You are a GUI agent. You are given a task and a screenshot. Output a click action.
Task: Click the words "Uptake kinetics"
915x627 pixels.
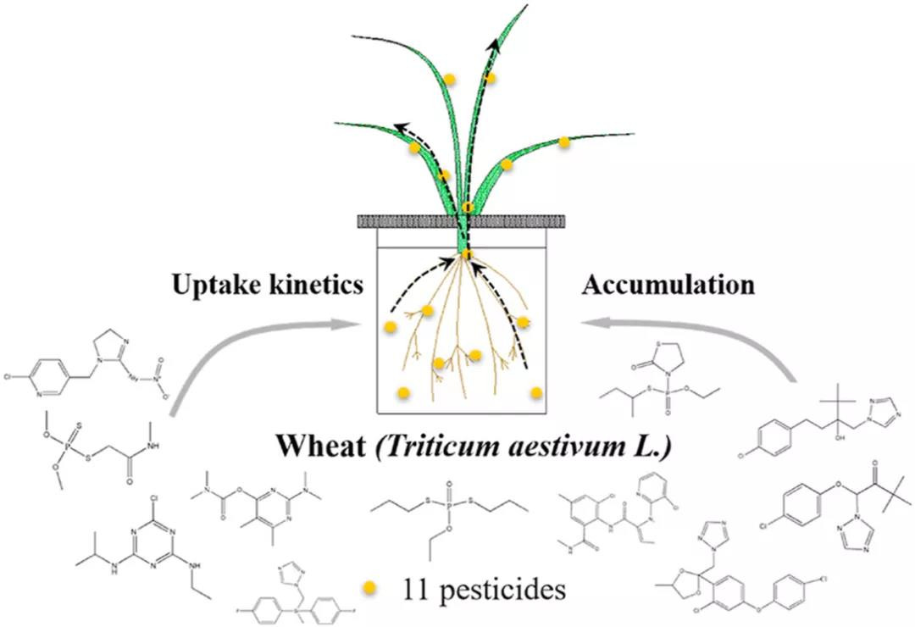tap(268, 286)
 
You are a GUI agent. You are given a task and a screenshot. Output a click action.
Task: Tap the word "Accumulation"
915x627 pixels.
tap(668, 286)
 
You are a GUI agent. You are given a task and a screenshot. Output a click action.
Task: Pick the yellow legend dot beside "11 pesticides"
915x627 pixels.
tap(369, 587)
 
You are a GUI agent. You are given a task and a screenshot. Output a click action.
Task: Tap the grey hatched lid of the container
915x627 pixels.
tap(463, 221)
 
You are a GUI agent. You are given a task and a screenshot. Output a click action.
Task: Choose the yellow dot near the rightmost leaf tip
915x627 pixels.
tap(564, 142)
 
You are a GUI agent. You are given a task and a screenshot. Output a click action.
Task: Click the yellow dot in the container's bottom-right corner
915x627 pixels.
tap(536, 392)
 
